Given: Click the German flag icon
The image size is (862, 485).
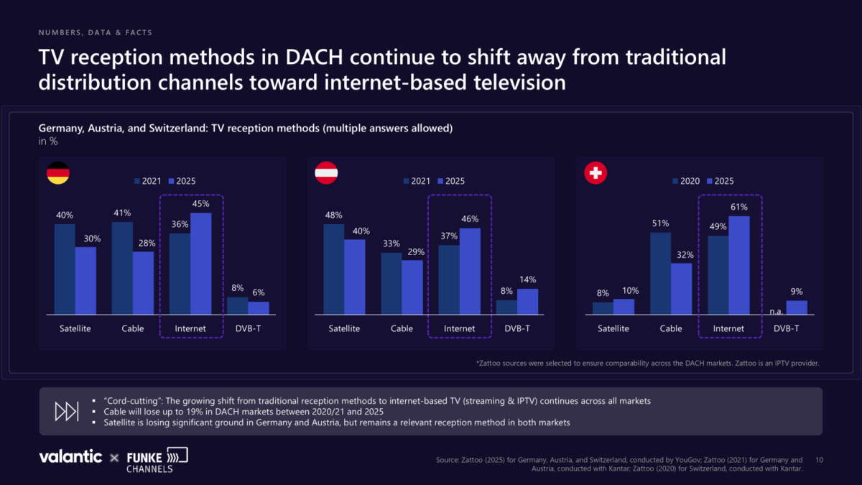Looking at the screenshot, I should (58, 173).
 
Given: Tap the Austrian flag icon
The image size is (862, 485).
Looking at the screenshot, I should (326, 173).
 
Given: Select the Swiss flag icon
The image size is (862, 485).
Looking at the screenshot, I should (596, 173).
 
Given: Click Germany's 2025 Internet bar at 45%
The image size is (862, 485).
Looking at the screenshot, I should (201, 264).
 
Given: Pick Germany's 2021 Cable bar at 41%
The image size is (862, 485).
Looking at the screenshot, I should (122, 268).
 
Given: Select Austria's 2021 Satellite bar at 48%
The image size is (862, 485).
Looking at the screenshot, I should (333, 269).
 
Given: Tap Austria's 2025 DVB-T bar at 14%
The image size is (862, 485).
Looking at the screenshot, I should (527, 302).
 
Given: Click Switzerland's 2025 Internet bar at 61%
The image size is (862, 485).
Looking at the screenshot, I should (739, 265).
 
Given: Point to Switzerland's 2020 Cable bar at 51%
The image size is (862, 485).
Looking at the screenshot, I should (661, 273).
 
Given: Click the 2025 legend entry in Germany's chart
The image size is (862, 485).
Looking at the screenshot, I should (181, 181).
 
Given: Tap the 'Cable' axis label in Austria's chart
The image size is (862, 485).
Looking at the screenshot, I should (402, 328).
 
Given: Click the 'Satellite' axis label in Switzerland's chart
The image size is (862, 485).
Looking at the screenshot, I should (613, 328).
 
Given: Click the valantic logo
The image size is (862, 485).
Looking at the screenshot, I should (70, 457).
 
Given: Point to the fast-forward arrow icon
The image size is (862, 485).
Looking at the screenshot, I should (67, 411).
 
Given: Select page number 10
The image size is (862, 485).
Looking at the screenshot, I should (819, 459).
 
